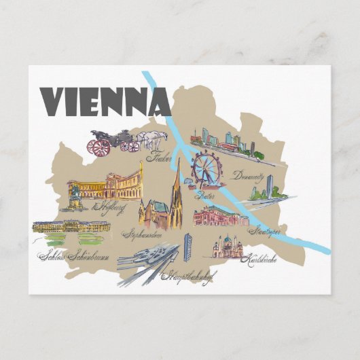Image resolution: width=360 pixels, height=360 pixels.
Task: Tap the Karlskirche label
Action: (x=262, y=259)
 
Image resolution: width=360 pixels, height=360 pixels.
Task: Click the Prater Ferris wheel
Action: (x=205, y=168)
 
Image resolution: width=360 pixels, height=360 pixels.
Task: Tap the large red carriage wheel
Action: (x=101, y=147)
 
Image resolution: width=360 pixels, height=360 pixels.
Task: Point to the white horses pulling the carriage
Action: (x=152, y=141)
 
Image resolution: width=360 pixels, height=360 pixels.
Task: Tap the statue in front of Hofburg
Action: (x=75, y=197)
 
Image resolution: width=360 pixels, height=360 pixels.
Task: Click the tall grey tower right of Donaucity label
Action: (x=270, y=185)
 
